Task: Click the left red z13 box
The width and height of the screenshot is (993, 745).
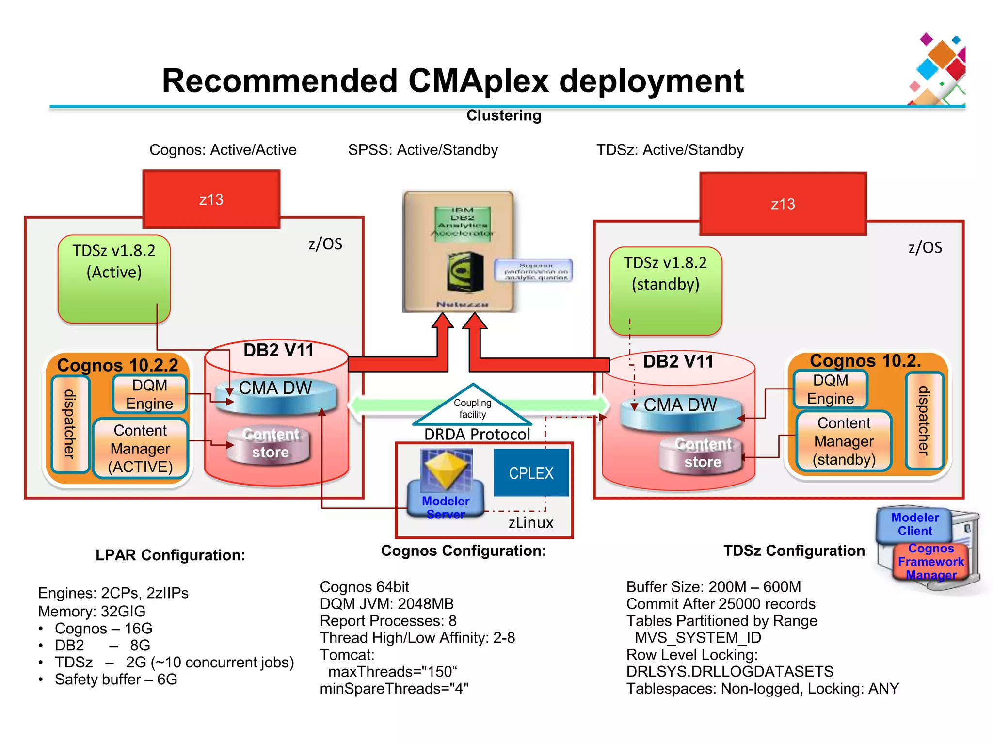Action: [x=211, y=199]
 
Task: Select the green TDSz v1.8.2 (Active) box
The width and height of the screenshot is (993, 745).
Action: [x=114, y=279]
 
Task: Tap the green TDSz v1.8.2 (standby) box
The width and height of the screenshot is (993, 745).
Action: [x=665, y=291]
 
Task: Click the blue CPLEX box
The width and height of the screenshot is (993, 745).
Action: [x=531, y=472]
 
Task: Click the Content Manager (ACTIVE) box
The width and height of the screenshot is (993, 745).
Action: [x=140, y=448]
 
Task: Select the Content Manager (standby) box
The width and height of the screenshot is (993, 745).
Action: [x=844, y=441]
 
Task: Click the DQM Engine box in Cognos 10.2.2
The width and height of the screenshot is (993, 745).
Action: [x=149, y=394]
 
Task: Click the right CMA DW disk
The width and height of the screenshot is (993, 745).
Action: [x=681, y=412]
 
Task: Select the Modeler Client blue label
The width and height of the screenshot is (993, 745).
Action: [x=914, y=524]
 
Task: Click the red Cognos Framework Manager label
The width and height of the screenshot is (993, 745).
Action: [x=931, y=562]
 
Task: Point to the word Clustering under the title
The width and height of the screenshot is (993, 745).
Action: [x=504, y=115]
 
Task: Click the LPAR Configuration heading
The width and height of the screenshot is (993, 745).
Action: [x=170, y=555]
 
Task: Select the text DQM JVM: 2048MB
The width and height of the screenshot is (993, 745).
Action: [x=386, y=604]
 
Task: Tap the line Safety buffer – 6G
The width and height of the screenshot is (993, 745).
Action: [x=116, y=680]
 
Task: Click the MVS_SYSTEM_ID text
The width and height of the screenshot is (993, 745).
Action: [x=698, y=637]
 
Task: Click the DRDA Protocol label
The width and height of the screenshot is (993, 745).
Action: [x=477, y=434]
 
